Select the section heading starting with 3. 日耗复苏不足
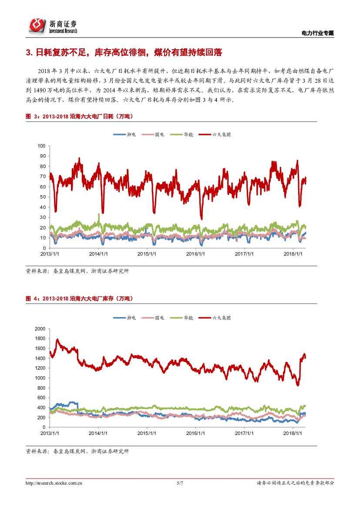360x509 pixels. pos(124,53)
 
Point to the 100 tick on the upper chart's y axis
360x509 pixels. pos(42,146)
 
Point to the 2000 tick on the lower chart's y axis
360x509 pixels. pos(40,329)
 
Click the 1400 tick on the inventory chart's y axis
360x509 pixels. pos(40,358)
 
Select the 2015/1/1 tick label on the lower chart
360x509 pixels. pos(147,433)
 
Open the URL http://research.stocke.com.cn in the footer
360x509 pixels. pos(55,483)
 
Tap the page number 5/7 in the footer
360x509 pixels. pos(180,483)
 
